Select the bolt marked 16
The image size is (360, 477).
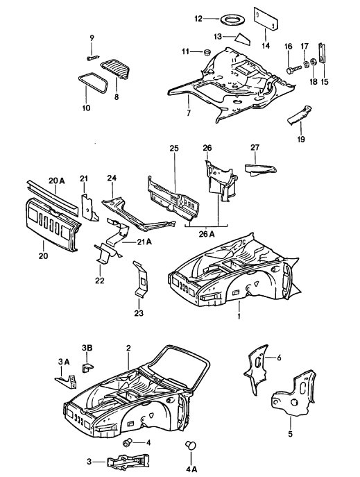[x=293, y=69]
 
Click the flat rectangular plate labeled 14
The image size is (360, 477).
[x=265, y=18]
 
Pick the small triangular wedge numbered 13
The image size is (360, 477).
[x=243, y=39]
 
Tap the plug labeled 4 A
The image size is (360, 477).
[x=190, y=445]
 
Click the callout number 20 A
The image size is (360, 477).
[x=57, y=181]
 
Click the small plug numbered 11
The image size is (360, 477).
[x=207, y=51]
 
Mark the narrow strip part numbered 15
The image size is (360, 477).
[x=321, y=53]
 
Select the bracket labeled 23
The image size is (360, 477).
[x=141, y=278]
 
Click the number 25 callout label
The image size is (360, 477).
[x=174, y=148]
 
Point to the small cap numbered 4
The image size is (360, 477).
[x=128, y=442]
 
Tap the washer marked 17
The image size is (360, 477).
[x=305, y=65]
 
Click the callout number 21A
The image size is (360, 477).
[x=144, y=242]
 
